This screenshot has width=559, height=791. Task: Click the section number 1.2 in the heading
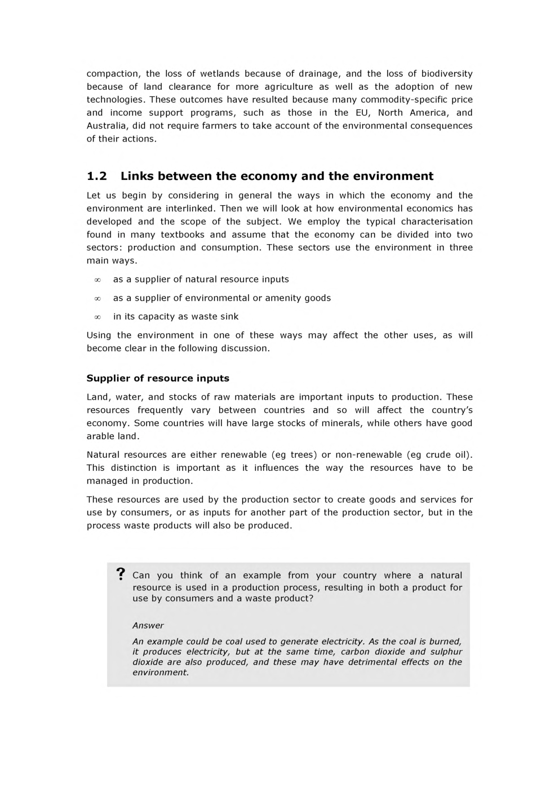(97, 176)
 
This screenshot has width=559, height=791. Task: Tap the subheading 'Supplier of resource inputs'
(158, 378)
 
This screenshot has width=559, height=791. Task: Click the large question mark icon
(120, 575)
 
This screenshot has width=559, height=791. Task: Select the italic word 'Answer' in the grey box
(148, 625)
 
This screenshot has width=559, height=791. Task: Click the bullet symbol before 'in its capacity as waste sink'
(97, 317)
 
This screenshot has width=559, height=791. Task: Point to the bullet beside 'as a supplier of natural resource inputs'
(97, 280)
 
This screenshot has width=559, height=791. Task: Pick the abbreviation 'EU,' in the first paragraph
(362, 113)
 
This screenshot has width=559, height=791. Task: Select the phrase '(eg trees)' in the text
(294, 454)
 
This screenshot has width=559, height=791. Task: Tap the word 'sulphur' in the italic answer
(446, 651)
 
